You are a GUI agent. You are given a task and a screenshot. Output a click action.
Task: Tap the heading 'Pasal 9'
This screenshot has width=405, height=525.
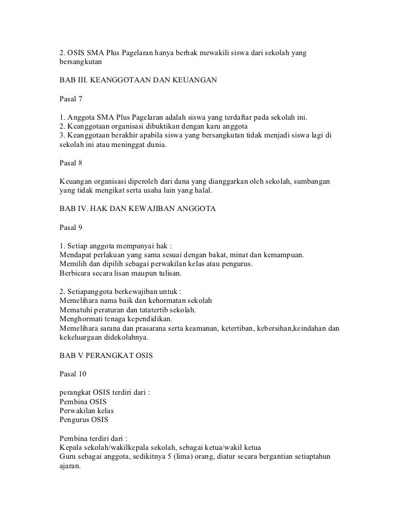71,227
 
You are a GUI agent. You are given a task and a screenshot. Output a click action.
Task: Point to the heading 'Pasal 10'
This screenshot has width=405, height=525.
73,372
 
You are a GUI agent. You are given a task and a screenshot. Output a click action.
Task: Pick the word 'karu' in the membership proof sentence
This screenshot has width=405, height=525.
205,127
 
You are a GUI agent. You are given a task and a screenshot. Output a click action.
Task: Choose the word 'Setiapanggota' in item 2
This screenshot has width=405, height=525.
92,291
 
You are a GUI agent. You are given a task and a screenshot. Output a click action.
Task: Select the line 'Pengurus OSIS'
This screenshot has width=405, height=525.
83,419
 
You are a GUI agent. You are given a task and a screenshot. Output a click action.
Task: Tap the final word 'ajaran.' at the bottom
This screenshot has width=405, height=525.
70,465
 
